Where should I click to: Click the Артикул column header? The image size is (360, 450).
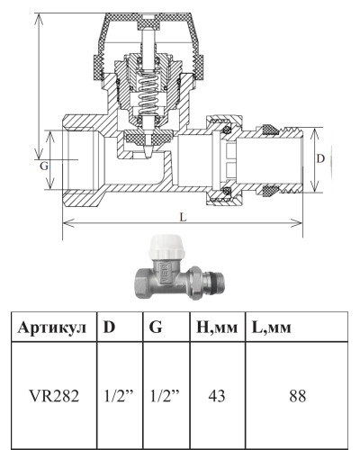pos(51,328)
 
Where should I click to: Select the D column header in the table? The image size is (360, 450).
pos(109,327)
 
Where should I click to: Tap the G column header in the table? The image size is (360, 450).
pos(156,327)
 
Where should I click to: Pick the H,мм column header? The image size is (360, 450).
pos(217,328)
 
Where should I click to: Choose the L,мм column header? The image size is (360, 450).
pos(272,328)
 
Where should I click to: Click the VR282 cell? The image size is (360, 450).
pos(54,396)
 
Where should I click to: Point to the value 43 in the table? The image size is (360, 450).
pos(217,396)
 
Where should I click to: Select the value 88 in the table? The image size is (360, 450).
pos(298,396)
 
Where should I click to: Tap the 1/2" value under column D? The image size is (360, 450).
pos(119,396)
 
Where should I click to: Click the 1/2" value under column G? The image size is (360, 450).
pos(165,396)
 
